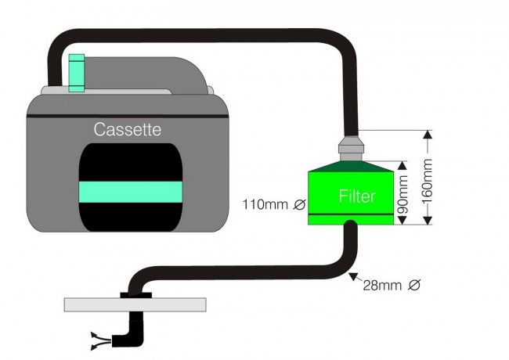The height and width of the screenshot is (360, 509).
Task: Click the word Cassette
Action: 128,129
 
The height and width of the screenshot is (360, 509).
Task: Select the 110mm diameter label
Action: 263,205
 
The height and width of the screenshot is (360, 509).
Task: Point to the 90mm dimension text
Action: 404,193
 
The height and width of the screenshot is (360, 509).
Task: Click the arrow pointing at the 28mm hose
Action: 353,276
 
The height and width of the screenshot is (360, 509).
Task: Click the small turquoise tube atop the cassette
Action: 75,71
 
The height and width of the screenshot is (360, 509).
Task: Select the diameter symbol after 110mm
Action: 298,205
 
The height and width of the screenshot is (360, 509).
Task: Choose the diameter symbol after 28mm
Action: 414,285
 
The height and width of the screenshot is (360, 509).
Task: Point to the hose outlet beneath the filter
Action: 351,230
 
